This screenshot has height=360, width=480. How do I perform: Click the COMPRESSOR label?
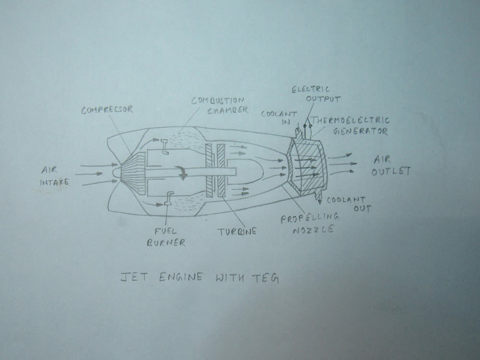coord(107,110)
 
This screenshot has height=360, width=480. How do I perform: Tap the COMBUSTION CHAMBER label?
coord(219,105)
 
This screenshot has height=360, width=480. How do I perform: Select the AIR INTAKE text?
coord(56,176)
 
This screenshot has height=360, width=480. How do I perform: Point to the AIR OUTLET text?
coord(391,165)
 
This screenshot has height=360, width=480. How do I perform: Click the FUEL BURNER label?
coord(166,237)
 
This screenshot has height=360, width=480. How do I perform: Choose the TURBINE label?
coord(237,231)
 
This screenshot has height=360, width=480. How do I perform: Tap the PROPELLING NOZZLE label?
coord(309,223)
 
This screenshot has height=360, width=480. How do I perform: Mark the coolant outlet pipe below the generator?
coord(317,194)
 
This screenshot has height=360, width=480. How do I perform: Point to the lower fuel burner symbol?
coord(168,199)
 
